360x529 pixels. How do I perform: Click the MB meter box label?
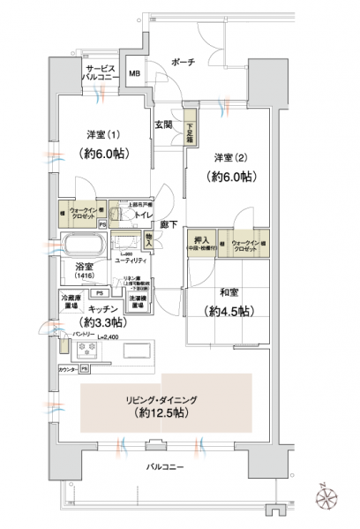(134, 73)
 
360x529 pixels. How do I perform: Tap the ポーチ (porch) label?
(184, 64)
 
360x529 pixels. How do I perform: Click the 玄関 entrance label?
(164, 125)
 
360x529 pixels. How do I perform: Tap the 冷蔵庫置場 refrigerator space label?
(72, 300)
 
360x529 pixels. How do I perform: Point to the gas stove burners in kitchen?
(87, 349)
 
